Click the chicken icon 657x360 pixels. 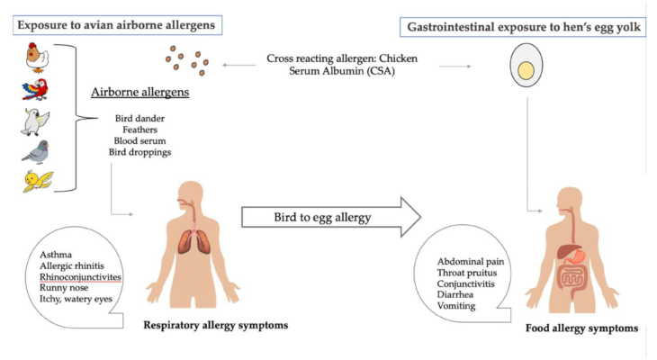37,58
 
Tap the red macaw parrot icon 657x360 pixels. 35,89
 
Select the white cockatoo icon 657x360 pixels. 35,122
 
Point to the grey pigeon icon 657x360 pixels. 36,152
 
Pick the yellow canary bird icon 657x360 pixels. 38,181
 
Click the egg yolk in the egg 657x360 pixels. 526,71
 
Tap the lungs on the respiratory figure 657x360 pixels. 194,243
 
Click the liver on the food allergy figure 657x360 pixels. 568,251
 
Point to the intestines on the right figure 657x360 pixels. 572,280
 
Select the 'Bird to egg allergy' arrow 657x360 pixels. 331,217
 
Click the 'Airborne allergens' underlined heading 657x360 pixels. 139,92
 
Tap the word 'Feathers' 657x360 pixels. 139,130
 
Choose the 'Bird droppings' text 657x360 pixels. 139,152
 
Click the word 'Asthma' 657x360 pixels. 56,255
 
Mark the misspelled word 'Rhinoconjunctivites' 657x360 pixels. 80,277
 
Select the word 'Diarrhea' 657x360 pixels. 455,294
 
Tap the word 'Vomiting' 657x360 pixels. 456,306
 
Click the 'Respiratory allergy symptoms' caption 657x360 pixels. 216,325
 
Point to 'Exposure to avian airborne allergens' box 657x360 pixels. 117,25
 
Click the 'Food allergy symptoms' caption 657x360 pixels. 582,328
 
